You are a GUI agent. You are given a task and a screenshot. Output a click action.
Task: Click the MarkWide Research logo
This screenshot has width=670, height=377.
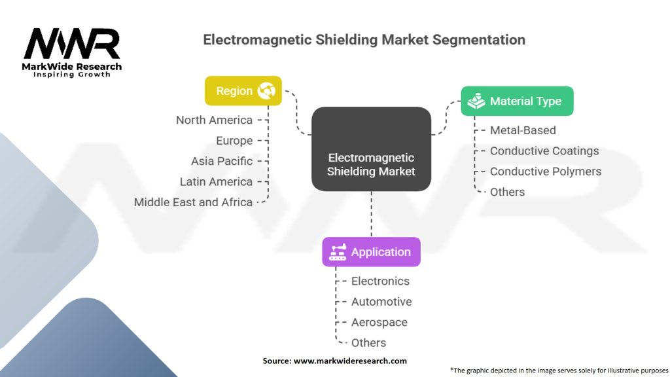click(72, 51)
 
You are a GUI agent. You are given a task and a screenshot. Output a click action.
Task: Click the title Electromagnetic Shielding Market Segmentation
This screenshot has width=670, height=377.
click(364, 39)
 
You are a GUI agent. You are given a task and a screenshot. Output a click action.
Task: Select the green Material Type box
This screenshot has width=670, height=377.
click(517, 101)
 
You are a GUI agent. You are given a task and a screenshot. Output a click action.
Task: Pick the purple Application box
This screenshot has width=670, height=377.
click(371, 252)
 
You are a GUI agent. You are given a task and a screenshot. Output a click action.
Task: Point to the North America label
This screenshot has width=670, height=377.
click(214, 120)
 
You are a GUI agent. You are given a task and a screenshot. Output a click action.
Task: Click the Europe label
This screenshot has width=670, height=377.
click(234, 141)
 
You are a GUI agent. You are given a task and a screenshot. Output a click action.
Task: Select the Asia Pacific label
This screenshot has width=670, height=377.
click(222, 161)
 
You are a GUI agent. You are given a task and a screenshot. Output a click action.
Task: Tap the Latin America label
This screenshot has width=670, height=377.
click(216, 181)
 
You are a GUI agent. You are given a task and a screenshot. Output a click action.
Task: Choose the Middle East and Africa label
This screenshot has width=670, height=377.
click(193, 202)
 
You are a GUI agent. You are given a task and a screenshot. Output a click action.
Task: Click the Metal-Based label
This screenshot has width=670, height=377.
click(523, 130)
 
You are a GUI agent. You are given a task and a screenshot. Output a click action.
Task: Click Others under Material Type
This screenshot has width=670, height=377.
click(507, 192)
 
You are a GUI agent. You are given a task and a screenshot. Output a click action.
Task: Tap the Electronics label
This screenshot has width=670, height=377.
click(380, 281)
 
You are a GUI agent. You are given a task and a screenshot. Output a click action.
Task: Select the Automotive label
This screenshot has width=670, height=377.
click(381, 302)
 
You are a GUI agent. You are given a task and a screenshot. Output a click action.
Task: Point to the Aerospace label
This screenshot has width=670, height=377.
click(379, 322)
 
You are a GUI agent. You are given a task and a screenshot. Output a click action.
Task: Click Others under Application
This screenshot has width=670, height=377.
click(368, 343)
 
